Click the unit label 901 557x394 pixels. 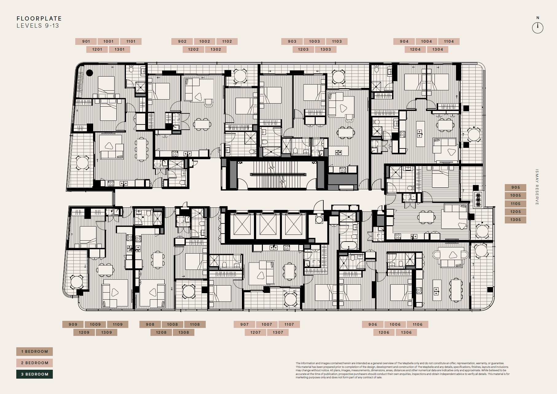[x=86, y=41]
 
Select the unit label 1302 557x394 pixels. [x=216, y=49]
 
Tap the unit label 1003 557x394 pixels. [x=314, y=41]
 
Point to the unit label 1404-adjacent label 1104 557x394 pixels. [x=449, y=41]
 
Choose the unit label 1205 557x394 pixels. [x=516, y=212]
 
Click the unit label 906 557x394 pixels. [x=373, y=325]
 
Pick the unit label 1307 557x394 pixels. [x=278, y=333]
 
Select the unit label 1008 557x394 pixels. [x=173, y=325]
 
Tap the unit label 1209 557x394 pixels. [x=84, y=333]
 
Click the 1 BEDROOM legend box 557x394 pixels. [x=34, y=352]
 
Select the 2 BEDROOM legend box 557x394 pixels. [x=34, y=363]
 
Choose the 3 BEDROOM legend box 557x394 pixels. [x=34, y=374]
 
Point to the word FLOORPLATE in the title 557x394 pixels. [x=39, y=19]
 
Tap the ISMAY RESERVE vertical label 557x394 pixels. [x=537, y=187]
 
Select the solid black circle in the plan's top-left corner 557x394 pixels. [x=89, y=73]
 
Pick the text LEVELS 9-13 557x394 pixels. [x=38, y=26]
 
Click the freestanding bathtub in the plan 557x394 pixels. [x=349, y=246]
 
